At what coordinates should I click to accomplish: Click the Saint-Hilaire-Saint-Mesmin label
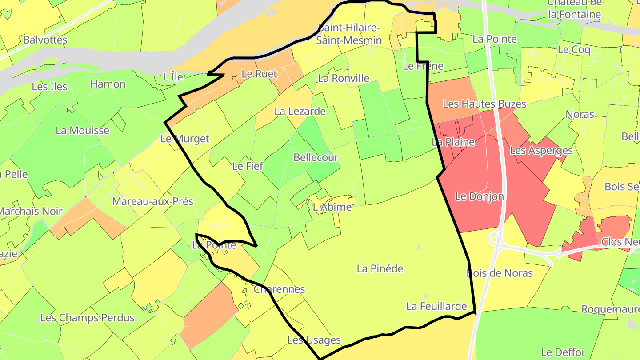tap(349, 34)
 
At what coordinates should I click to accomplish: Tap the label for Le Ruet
tap(259, 74)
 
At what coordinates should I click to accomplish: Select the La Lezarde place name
tap(300, 111)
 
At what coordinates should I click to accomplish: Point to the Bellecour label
tap(316, 157)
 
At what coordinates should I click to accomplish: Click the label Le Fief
tap(248, 166)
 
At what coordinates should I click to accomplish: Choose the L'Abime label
tap(332, 207)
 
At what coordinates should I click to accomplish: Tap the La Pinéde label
tap(380, 268)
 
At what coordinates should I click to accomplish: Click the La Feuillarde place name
tap(436, 306)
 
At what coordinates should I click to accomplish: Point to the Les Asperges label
tap(541, 150)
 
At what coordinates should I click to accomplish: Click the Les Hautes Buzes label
tap(484, 104)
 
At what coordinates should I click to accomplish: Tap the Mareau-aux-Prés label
tap(152, 201)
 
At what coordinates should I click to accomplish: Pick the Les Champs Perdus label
tap(87, 318)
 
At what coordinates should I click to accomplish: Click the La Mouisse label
tap(82, 130)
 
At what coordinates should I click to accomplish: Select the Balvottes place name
tap(45, 40)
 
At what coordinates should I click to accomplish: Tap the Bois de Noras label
tap(500, 273)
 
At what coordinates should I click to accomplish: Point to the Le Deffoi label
tap(562, 352)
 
